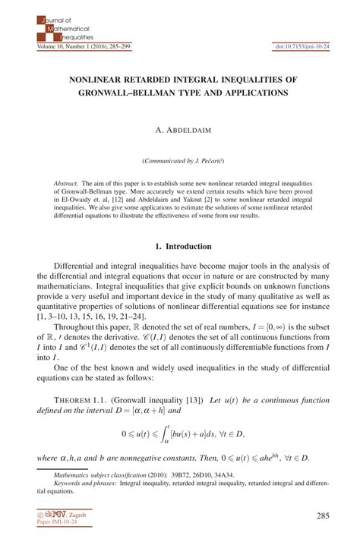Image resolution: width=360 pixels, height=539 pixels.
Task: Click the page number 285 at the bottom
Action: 322,517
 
